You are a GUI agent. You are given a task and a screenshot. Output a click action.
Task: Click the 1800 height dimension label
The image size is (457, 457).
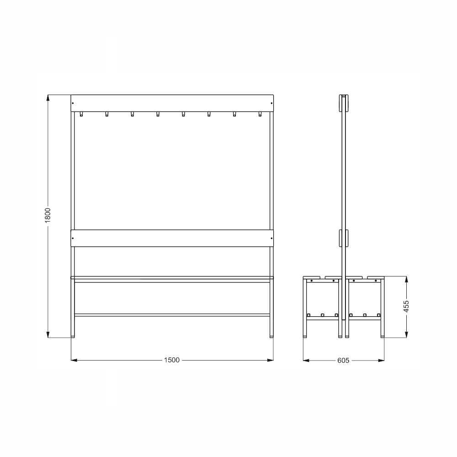click(x=48, y=215)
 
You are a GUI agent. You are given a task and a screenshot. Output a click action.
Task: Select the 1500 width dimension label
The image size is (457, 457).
click(x=172, y=360)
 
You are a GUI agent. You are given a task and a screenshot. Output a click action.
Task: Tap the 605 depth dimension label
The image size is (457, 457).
click(x=343, y=361)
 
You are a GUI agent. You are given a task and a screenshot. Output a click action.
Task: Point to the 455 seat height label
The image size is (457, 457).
click(x=406, y=306)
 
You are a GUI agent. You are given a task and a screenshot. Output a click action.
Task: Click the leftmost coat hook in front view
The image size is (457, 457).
click(x=81, y=114)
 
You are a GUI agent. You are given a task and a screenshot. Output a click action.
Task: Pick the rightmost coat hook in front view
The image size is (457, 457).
click(x=260, y=114)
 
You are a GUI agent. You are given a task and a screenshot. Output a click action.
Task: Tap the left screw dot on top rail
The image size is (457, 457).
click(x=73, y=103)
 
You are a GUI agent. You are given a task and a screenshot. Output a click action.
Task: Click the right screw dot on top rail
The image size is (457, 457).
click(x=271, y=103)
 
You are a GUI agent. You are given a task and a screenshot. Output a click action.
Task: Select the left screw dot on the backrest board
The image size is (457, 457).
click(x=73, y=238)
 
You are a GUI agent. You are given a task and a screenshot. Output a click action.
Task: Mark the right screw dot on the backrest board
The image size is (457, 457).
click(x=271, y=238)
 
